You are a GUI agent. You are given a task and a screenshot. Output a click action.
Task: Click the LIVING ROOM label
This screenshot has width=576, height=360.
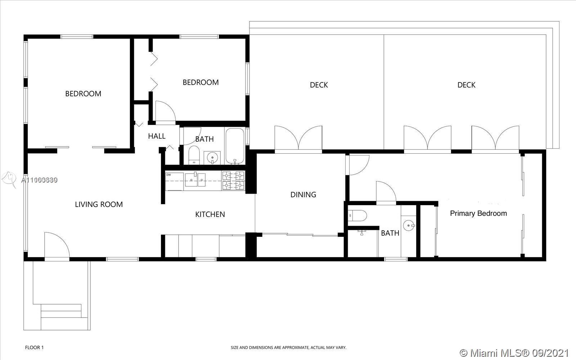click(x=99, y=204)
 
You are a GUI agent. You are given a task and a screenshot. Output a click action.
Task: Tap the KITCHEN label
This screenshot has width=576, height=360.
click(x=210, y=215)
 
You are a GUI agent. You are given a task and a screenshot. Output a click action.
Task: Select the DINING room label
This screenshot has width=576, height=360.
click(x=303, y=195)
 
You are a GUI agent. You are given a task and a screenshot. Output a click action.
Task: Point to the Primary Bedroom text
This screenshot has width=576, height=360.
click(x=478, y=213)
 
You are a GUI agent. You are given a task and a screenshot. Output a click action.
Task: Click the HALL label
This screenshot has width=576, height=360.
click(x=157, y=136)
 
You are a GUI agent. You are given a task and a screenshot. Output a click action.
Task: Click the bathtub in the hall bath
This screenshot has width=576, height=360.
click(x=235, y=146)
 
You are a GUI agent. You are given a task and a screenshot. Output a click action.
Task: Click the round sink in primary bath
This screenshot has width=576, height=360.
click(x=409, y=225)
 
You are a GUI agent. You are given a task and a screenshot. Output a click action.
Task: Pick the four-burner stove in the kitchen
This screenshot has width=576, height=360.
click(x=233, y=180)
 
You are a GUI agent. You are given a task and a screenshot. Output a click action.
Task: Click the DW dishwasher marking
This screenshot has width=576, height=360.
click(x=168, y=175)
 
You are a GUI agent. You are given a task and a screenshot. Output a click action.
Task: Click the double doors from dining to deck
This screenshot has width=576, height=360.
click(x=298, y=139)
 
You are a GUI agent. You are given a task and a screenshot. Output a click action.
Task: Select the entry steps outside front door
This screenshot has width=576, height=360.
click(x=61, y=315)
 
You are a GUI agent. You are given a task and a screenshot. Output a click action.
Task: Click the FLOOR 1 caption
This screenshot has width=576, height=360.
click(x=34, y=348)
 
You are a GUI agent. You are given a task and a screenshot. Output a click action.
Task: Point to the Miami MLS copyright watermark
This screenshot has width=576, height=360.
click(x=514, y=352)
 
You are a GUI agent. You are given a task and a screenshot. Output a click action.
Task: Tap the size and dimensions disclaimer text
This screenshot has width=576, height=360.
click(x=288, y=348)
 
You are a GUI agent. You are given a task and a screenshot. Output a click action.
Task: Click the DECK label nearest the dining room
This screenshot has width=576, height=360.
click(x=319, y=85)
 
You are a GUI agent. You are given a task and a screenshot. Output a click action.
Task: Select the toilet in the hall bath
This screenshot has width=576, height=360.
click(x=194, y=155)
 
